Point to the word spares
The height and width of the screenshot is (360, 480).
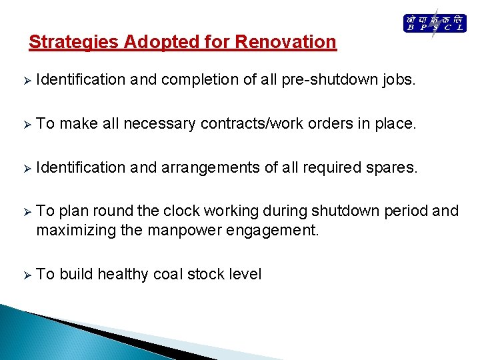click(x=391, y=167)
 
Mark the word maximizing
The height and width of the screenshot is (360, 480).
click(x=70, y=231)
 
